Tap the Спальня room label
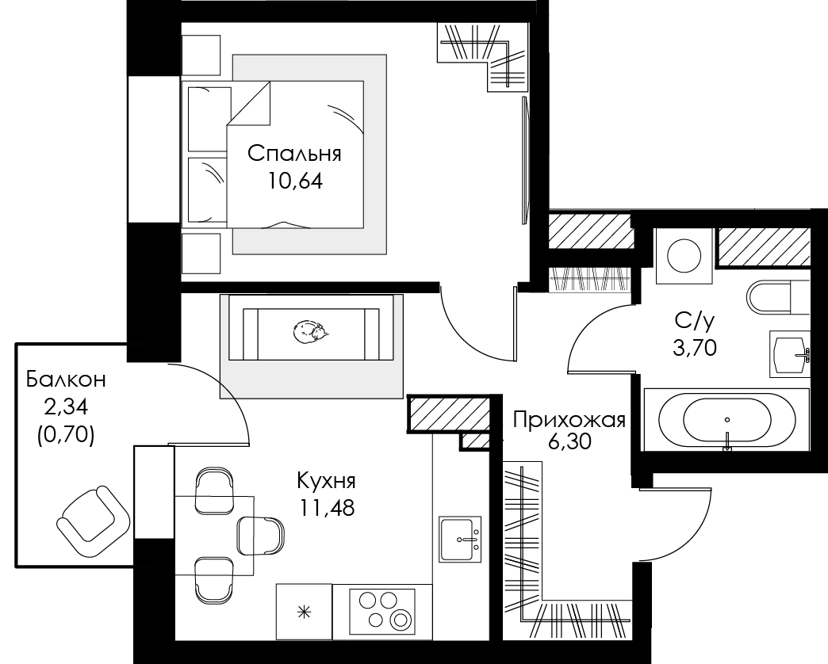[x=295, y=154]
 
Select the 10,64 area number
[x=295, y=181]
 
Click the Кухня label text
[x=326, y=481]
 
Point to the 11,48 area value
[x=328, y=507]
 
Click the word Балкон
[x=66, y=380]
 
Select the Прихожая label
[x=569, y=420]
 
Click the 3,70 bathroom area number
[x=695, y=348]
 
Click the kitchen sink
[x=460, y=539]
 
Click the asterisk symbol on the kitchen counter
[x=305, y=612]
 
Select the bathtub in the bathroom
[x=726, y=419]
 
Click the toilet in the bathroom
[x=778, y=296]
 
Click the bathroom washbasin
[x=790, y=354]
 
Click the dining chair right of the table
[x=261, y=536]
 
